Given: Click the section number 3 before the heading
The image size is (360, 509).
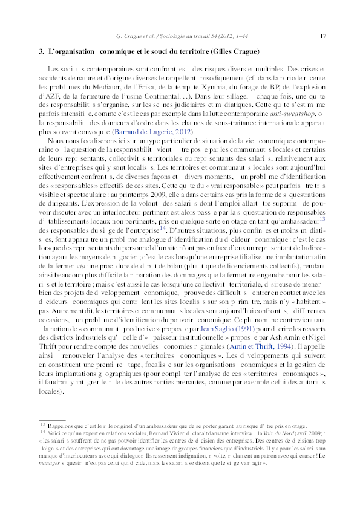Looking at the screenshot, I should click(41, 52).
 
